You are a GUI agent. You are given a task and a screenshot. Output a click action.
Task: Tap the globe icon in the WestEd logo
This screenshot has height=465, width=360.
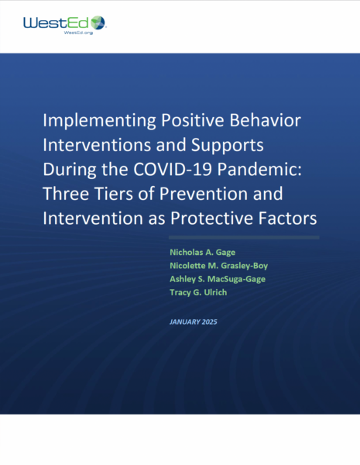pos(98,23)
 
